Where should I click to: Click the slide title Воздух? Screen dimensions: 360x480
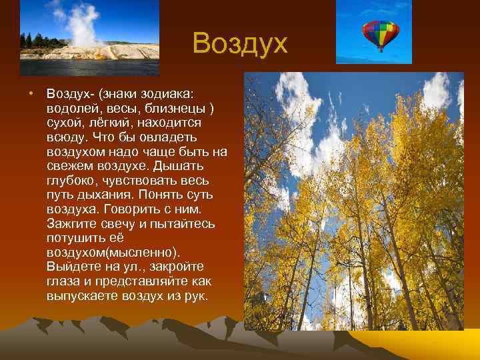coord(240,44)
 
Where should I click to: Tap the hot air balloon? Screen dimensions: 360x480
coord(380,35)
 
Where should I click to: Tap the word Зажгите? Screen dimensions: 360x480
coord(71,224)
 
